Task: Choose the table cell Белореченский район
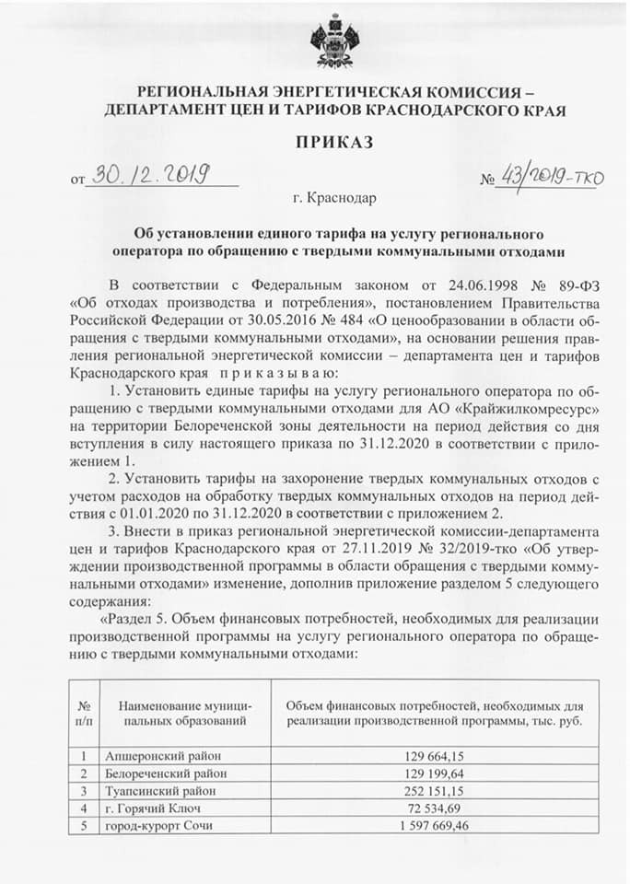[165, 773]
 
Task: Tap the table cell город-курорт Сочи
[159, 826]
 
